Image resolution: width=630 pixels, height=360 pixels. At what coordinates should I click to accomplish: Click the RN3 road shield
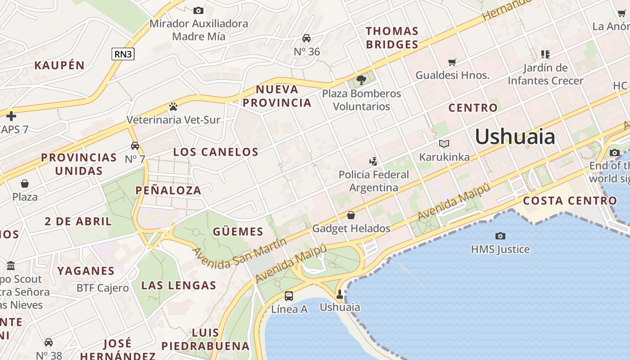tap(123, 54)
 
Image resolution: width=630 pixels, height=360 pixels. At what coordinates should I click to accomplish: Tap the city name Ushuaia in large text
tap(515, 136)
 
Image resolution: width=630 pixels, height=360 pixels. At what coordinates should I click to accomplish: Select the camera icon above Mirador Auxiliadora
tap(198, 10)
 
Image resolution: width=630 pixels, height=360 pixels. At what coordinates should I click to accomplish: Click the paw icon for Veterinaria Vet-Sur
tap(173, 107)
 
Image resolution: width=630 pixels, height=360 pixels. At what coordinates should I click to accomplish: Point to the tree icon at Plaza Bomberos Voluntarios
tap(361, 80)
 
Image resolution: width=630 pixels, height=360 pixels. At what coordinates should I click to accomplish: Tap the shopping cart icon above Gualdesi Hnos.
tap(452, 62)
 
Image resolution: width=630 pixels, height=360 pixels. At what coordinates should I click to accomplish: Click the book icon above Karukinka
tap(444, 144)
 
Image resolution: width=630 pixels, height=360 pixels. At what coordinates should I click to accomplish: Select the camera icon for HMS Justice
tap(500, 236)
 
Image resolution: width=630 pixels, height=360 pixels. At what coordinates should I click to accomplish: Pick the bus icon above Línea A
tap(289, 296)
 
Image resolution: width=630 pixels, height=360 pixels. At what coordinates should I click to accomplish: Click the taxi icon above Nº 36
tap(306, 38)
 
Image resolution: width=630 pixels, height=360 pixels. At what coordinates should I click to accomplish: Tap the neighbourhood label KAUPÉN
tap(59, 65)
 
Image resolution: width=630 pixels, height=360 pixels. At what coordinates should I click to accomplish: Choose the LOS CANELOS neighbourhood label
tap(216, 152)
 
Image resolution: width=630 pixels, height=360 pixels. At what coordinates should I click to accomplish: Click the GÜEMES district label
tap(238, 232)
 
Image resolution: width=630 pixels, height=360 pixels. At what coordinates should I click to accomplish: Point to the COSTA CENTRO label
tap(570, 201)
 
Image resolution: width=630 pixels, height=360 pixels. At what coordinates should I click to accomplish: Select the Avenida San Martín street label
tap(239, 254)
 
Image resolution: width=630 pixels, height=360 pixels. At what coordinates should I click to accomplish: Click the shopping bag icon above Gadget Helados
tap(351, 215)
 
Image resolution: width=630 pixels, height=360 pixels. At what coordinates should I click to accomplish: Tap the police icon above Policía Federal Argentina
tap(373, 161)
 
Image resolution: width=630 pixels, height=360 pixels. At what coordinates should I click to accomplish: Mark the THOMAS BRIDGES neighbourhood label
tap(392, 38)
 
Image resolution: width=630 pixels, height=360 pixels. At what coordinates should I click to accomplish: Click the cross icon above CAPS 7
tap(11, 117)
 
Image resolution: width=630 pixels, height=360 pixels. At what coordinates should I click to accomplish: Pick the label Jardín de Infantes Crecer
tap(545, 74)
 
